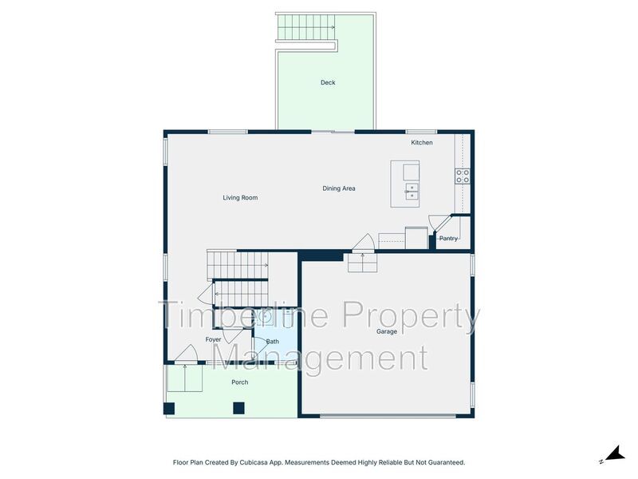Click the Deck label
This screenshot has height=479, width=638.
click(x=328, y=82)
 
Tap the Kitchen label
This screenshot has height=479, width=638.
click(x=422, y=143)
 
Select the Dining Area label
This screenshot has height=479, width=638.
click(x=338, y=188)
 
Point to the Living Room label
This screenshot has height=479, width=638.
click(x=240, y=197)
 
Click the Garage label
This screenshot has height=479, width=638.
click(x=387, y=331)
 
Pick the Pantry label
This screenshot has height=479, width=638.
click(x=448, y=238)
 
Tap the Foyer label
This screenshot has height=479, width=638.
click(x=213, y=339)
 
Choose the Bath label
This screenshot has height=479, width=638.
click(x=272, y=342)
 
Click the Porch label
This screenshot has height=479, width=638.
click(x=240, y=382)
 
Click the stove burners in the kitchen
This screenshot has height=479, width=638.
click(x=463, y=176)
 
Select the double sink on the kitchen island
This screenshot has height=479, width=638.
click(x=412, y=192)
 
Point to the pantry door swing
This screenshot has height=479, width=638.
click(x=437, y=222)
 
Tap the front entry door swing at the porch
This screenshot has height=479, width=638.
click(x=187, y=353)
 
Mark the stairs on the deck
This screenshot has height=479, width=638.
click(x=306, y=27)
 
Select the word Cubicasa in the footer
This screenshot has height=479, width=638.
click(x=253, y=462)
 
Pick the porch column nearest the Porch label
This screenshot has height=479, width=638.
click(x=238, y=408)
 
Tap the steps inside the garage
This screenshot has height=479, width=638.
click(x=362, y=263)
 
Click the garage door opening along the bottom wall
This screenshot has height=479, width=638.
click(x=388, y=416)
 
